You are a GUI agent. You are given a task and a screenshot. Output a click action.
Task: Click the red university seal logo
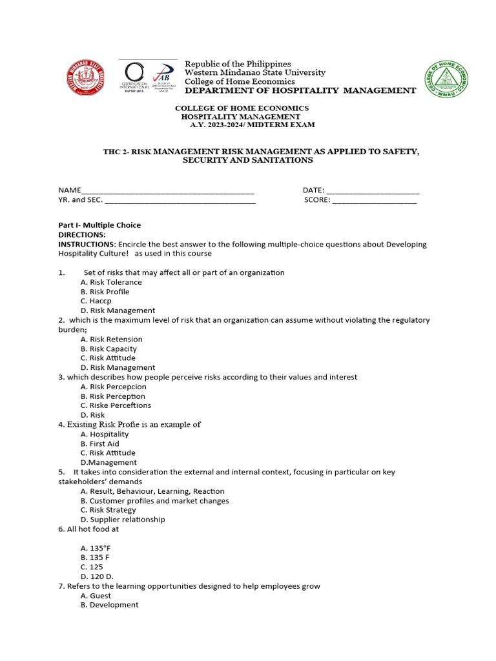point(87,79)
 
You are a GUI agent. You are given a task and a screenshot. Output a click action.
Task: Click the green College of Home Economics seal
point(446,80)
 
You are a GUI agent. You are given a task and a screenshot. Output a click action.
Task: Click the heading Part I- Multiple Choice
point(99,225)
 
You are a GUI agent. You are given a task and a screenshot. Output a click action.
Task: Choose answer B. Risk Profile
point(105,292)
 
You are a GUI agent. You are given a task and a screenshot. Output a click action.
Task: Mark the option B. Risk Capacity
point(108,349)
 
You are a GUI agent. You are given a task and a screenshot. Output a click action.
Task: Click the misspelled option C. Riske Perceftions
point(116,405)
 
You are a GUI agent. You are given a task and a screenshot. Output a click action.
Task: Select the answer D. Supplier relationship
point(122,520)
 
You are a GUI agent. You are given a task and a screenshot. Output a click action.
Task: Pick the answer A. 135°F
point(92,548)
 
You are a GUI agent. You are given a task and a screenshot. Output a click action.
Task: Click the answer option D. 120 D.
point(97,576)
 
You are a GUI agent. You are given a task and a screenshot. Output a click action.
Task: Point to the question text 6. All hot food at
point(88,529)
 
